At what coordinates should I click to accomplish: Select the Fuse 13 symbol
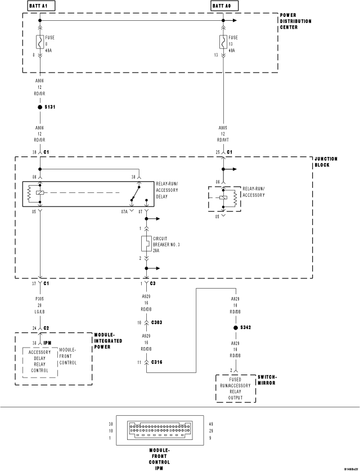tap(224, 42)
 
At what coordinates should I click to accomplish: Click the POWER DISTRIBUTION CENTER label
tap(296, 21)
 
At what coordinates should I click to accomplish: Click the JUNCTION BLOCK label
tap(326, 162)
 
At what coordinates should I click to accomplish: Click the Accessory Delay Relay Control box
tap(39, 362)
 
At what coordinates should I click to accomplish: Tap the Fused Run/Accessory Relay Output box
tap(235, 389)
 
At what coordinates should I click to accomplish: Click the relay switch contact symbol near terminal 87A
tap(135, 199)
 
